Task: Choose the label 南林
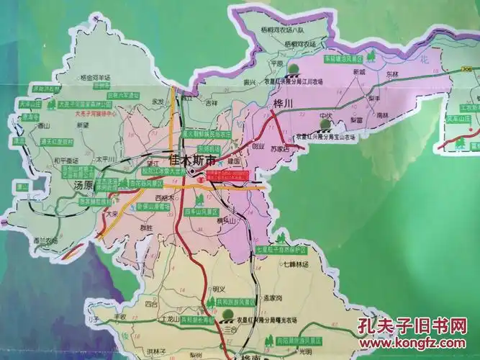coord(381,114)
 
